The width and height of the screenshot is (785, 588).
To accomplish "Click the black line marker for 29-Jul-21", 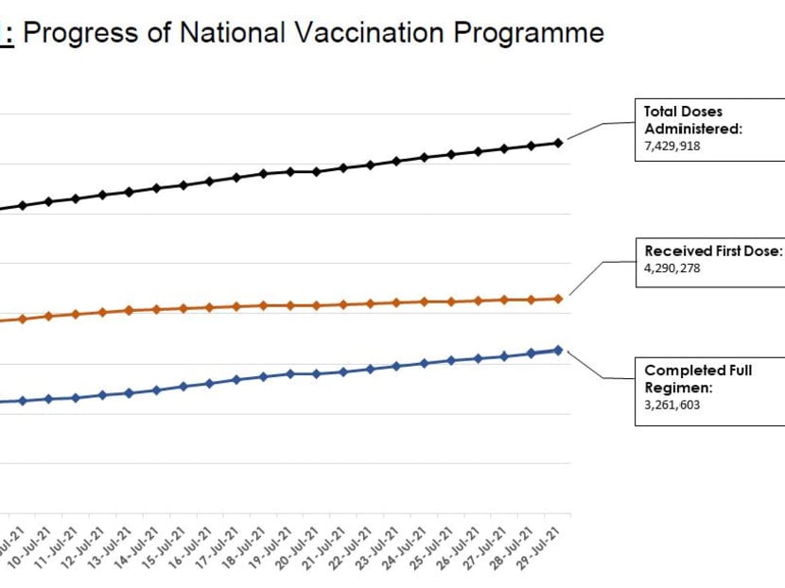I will coord(558,143).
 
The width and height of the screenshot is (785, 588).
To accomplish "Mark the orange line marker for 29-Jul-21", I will coord(558,299).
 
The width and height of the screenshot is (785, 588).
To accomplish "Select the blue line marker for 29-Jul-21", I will coord(558,350).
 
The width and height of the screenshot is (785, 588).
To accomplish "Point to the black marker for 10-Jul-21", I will coord(48,201).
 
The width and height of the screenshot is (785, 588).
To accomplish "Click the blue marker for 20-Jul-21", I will coord(317,373).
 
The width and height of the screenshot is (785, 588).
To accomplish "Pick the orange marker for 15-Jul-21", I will coord(183,308).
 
